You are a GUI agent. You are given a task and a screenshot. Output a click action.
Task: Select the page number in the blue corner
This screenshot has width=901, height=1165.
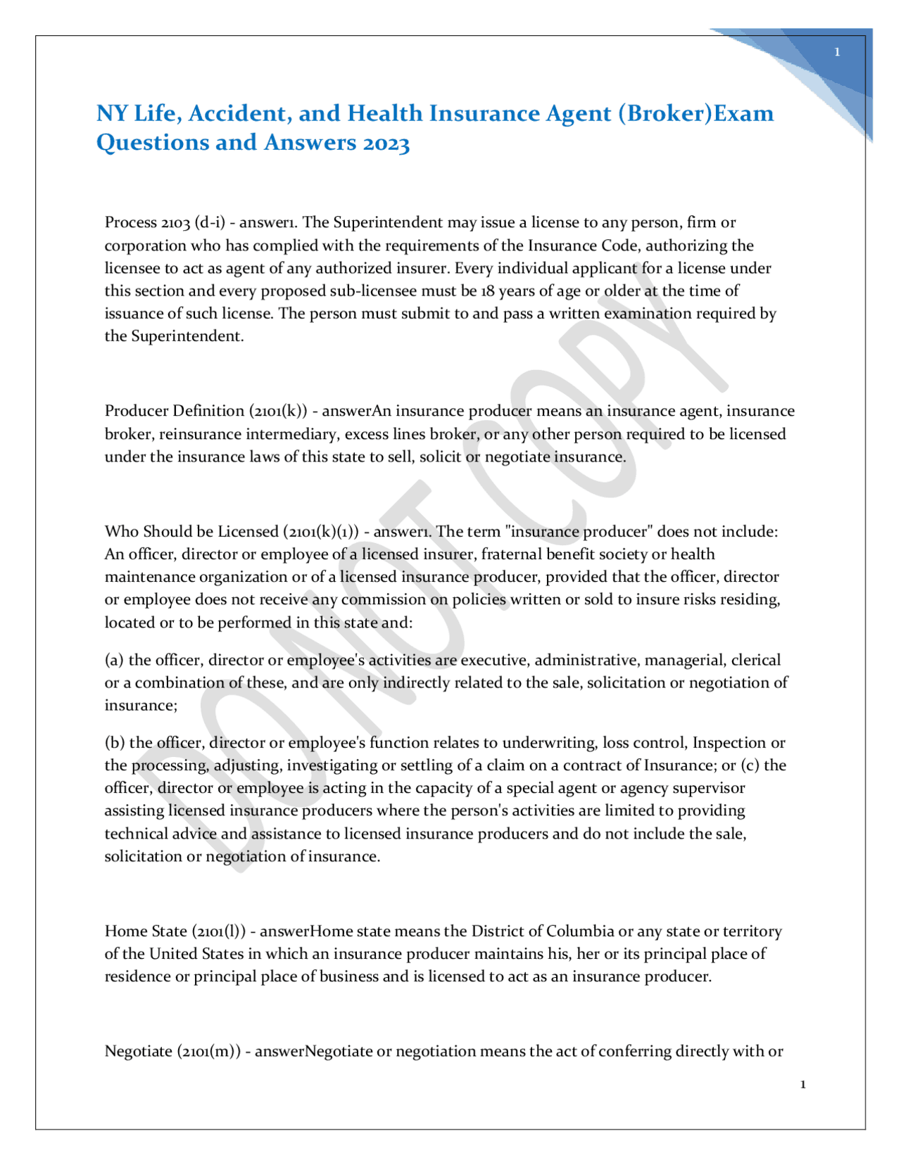(x=837, y=52)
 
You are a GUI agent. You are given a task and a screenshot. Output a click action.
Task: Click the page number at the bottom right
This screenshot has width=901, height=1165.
(x=803, y=1084)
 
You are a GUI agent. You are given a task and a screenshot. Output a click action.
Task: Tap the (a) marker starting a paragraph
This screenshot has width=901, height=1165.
(x=114, y=660)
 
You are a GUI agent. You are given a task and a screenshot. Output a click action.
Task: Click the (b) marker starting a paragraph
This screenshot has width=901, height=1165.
(x=115, y=743)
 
